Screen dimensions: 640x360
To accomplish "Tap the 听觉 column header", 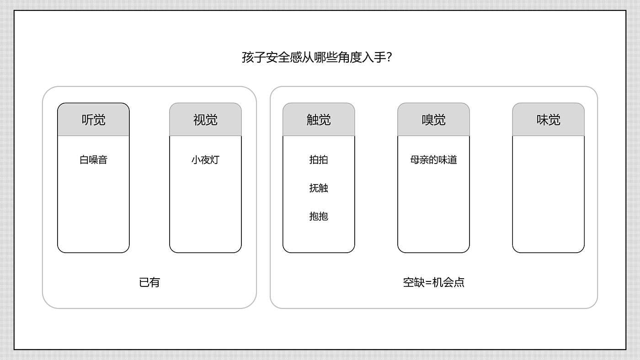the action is click(x=93, y=120).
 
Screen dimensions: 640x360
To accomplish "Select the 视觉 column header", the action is click(x=205, y=120).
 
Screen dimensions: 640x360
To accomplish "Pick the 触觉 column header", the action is click(x=319, y=120).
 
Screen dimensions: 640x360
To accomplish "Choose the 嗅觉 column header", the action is click(x=433, y=120).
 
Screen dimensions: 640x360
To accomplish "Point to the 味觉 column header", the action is click(x=548, y=120).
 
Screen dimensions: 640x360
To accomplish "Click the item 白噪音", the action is click(x=93, y=160).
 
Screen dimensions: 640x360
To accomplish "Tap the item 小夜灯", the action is click(x=205, y=160).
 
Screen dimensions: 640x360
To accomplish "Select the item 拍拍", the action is click(x=319, y=160).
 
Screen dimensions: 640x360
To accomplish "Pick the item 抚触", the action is click(x=319, y=188).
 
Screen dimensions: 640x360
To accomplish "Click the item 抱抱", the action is click(x=319, y=216).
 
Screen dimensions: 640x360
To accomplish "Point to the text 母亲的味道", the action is click(x=433, y=160).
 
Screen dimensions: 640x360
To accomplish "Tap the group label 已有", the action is click(x=149, y=282).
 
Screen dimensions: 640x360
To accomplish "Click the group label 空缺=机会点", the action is click(x=433, y=282).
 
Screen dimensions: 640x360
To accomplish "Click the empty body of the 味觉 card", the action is click(x=548, y=194).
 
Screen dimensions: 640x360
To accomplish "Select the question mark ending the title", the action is click(x=390, y=58).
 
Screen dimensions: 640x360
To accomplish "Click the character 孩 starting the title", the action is click(x=248, y=58).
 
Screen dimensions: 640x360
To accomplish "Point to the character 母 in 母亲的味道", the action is click(x=415, y=160).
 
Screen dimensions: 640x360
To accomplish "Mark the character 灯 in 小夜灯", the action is click(x=214, y=160).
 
